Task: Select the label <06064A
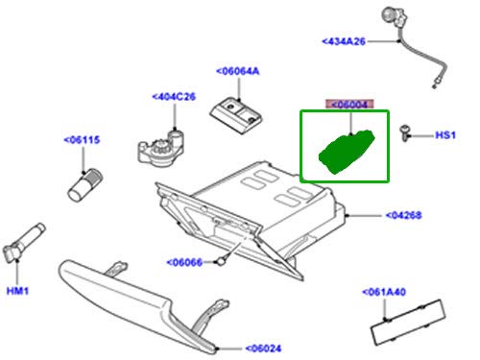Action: (239, 71)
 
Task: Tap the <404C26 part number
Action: (174, 96)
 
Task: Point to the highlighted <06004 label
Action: (350, 104)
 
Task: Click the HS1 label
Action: (444, 135)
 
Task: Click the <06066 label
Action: (188, 261)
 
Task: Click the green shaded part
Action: (346, 152)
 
